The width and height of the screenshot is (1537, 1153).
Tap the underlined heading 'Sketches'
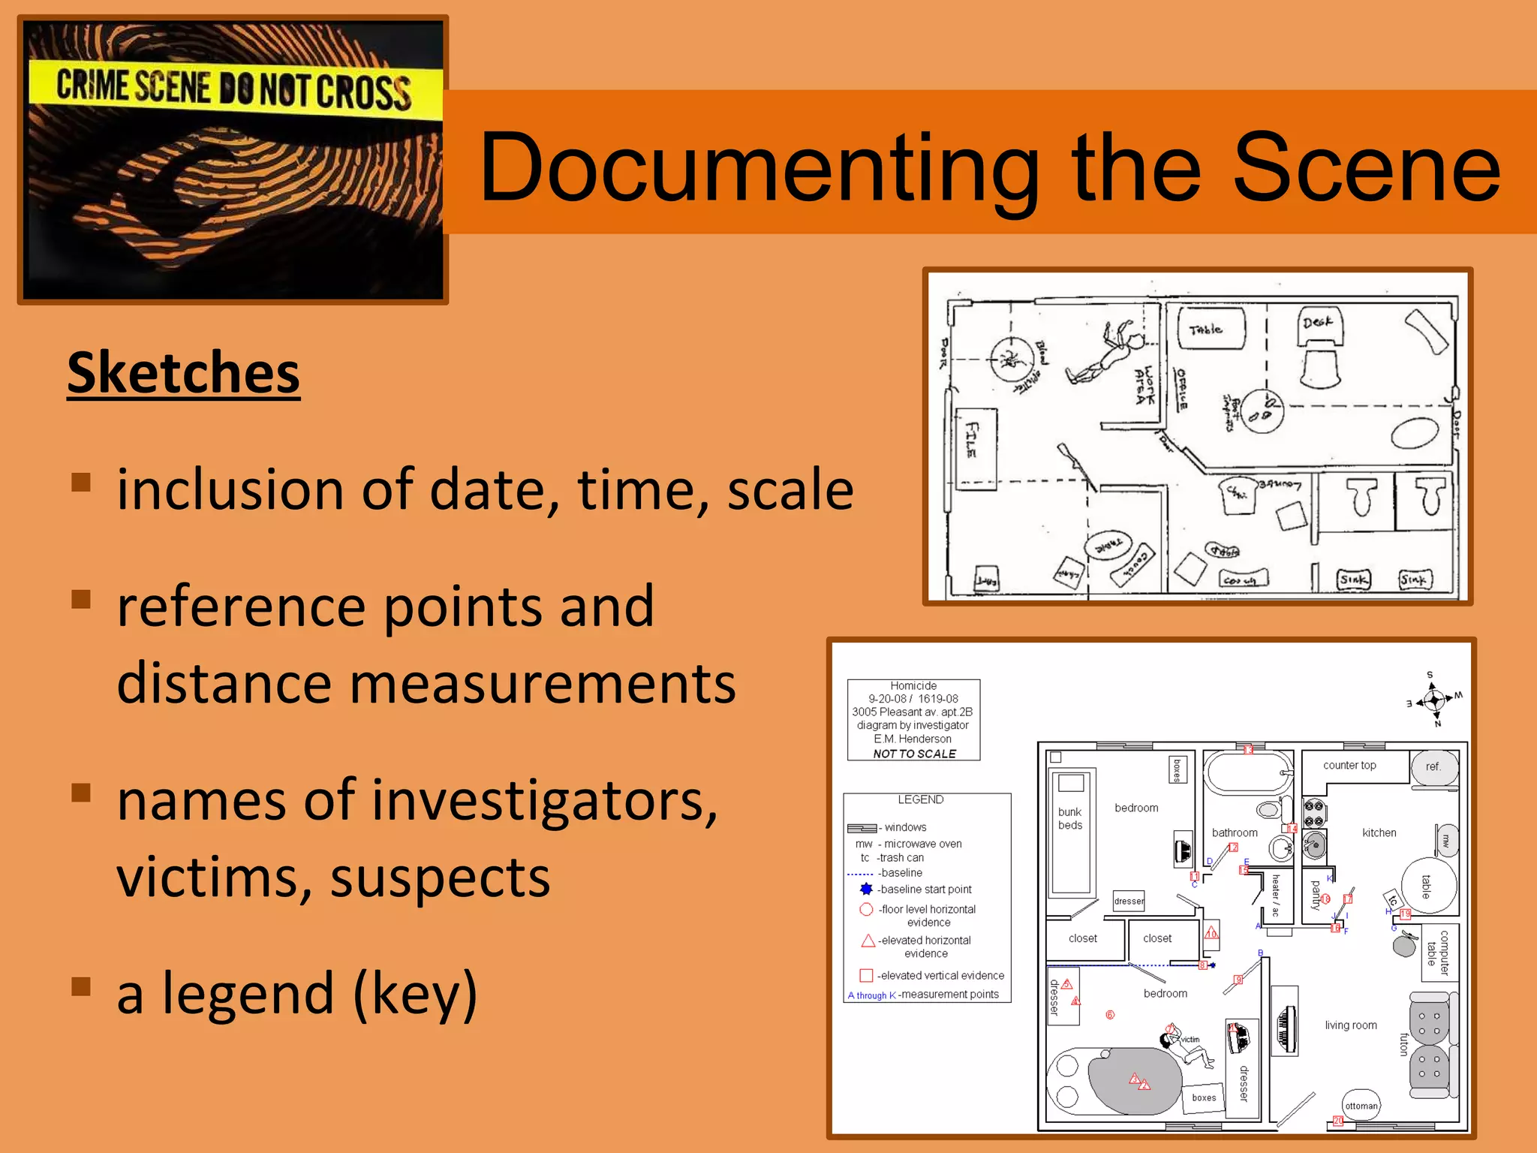[x=184, y=373]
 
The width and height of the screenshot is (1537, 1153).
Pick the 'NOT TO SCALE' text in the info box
[x=914, y=754]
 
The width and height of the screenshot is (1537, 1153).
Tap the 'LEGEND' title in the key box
[x=920, y=799]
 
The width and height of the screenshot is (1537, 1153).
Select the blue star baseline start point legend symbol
[x=866, y=889]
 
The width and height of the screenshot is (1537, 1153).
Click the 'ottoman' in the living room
[x=1361, y=1105]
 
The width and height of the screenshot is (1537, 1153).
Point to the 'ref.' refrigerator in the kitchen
[x=1433, y=767]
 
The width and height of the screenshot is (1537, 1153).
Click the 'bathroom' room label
[x=1235, y=832]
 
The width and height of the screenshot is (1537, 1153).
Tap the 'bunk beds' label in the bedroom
[x=1070, y=818]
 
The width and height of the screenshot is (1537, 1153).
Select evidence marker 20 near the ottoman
[x=1337, y=1121]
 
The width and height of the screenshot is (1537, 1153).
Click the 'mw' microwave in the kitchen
[x=1446, y=841]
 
